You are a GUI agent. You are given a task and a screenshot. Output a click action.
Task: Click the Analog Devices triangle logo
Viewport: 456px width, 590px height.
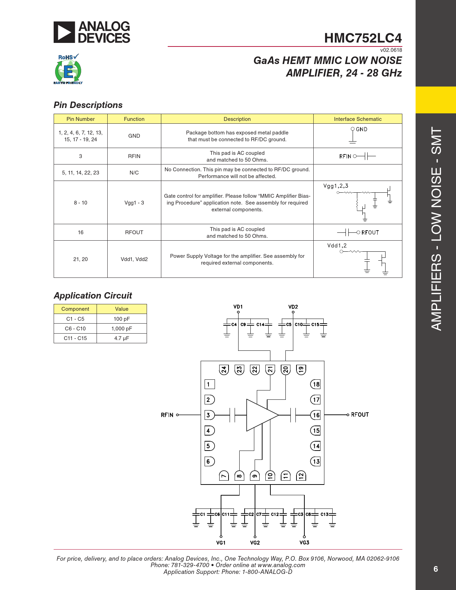click(x=64, y=32)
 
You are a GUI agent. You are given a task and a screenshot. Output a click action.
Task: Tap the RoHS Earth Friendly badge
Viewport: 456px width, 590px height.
click(x=68, y=69)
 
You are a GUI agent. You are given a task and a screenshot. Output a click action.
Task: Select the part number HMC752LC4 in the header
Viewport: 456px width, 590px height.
click(x=363, y=38)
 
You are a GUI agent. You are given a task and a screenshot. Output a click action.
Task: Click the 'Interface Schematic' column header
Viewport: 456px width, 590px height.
click(x=358, y=119)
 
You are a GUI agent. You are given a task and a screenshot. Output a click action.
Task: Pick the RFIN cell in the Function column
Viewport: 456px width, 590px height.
click(x=134, y=156)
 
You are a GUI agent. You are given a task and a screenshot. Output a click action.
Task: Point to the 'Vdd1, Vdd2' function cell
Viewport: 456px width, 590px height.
click(x=134, y=259)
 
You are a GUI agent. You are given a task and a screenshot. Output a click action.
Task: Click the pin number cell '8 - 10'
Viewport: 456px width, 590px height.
click(x=80, y=203)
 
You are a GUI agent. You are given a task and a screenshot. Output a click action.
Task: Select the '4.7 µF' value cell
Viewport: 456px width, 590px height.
click(x=122, y=338)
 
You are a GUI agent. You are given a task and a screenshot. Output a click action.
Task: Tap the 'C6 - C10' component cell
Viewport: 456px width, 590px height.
click(x=75, y=329)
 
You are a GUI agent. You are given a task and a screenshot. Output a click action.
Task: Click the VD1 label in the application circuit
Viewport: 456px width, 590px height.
click(x=238, y=307)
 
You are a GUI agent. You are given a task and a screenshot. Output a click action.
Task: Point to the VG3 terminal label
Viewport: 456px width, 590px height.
click(x=304, y=542)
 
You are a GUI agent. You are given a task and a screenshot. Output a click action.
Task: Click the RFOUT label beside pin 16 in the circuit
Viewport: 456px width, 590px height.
click(x=359, y=415)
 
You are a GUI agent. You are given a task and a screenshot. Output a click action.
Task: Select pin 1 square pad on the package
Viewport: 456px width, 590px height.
click(x=209, y=384)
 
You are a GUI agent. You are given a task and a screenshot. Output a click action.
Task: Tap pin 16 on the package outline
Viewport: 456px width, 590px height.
click(x=316, y=415)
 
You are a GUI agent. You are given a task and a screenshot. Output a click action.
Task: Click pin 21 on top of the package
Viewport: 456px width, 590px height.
click(x=270, y=369)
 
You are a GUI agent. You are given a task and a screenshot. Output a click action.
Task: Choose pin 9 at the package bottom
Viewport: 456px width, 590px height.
click(x=255, y=476)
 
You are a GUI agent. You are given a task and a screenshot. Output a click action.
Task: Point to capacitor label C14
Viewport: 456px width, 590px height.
click(x=260, y=325)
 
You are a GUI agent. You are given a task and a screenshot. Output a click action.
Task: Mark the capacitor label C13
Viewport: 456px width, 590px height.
click(x=324, y=515)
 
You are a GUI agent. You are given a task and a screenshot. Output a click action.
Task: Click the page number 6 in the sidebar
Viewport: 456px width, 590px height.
click(x=436, y=569)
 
